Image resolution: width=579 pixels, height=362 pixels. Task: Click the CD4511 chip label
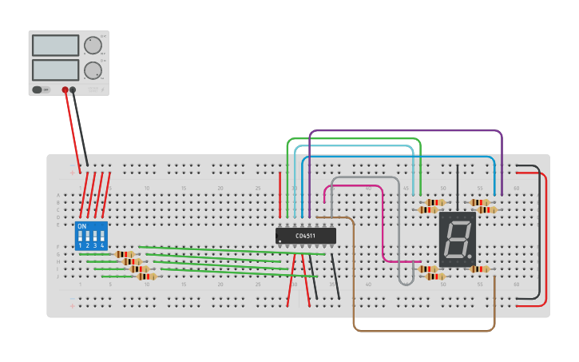(305, 236)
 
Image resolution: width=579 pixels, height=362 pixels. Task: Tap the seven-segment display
(457, 239)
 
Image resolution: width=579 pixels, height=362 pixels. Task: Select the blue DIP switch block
(91, 236)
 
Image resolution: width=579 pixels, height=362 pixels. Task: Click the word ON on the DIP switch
(82, 226)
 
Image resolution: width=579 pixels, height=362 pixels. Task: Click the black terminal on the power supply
(73, 90)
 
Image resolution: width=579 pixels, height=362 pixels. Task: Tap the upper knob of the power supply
(93, 45)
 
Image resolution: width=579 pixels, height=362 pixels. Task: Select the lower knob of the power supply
(93, 70)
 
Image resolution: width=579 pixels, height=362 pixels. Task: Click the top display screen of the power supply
(55, 45)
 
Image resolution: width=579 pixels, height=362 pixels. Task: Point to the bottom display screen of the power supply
(55, 70)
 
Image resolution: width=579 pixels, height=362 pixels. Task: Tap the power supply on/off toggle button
(37, 90)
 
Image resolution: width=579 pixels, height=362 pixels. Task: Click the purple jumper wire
(399, 130)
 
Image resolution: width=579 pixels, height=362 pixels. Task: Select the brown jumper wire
(423, 330)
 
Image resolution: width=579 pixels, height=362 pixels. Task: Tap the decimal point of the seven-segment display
(470, 256)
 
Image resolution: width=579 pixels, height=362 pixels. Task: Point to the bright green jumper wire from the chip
(351, 139)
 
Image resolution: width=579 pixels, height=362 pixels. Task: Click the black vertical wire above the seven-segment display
(458, 184)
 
